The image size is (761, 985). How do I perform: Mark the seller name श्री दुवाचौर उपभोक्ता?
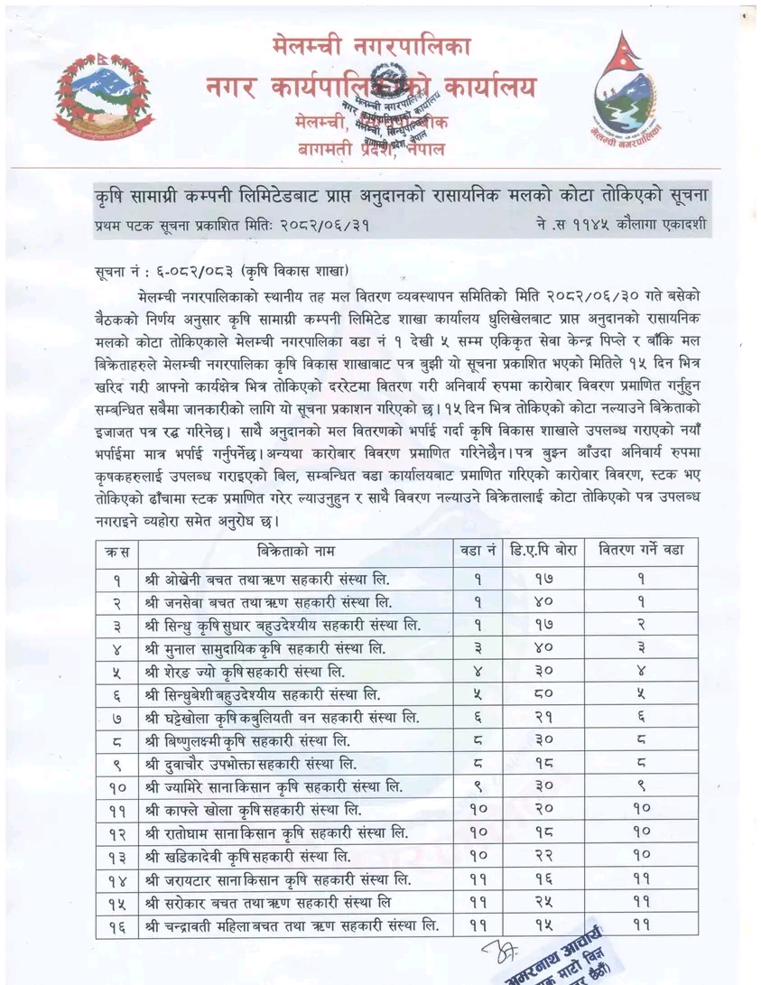click(248, 763)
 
